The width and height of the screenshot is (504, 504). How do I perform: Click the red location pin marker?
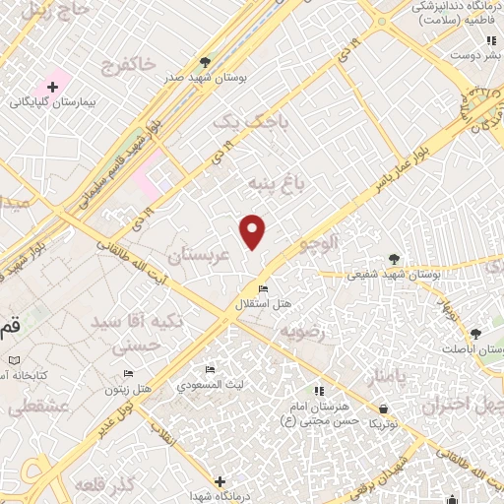(x=253, y=230)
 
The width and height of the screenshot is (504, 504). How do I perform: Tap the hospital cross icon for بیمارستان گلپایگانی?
(x=52, y=89)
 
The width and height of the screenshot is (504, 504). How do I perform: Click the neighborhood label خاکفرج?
(x=129, y=65)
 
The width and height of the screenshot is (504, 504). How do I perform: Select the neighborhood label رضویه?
(x=302, y=332)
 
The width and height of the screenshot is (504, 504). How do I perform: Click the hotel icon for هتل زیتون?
(x=128, y=374)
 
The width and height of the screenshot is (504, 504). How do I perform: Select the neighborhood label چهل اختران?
(x=462, y=405)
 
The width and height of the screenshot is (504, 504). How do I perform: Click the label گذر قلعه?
(x=108, y=486)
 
